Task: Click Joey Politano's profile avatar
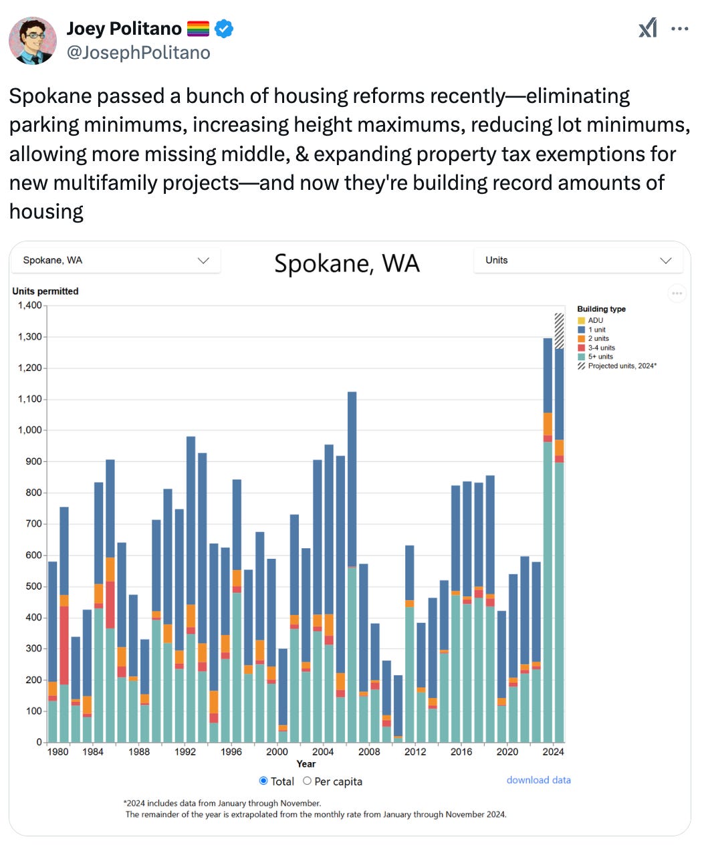click(32, 40)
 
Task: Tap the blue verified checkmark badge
click(224, 29)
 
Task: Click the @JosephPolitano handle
click(138, 53)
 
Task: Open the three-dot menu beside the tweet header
click(679, 29)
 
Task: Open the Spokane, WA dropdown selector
click(116, 260)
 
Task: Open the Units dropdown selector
click(578, 260)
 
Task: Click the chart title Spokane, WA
click(347, 263)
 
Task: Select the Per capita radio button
click(308, 781)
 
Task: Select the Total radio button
click(263, 781)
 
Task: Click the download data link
click(538, 780)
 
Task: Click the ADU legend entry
click(595, 320)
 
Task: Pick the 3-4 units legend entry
click(601, 348)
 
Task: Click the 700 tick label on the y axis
click(33, 524)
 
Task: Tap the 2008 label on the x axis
click(369, 751)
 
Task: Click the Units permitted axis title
click(45, 291)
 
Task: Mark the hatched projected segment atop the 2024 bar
click(559, 330)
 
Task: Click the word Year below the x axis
click(306, 764)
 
